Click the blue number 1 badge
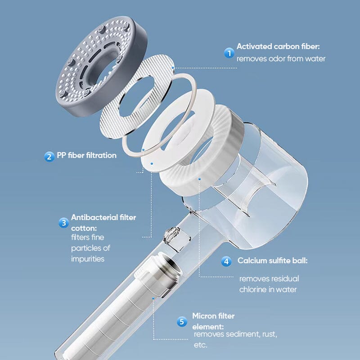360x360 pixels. pyautogui.click(x=229, y=53)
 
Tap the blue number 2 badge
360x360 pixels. pyautogui.click(x=49, y=156)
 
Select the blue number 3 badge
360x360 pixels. pyautogui.click(x=63, y=222)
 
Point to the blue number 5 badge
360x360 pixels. pyautogui.click(x=182, y=321)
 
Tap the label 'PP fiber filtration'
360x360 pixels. pyautogui.click(x=86, y=156)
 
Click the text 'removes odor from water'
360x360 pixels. pyautogui.click(x=281, y=58)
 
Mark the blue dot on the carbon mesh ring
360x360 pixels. pyautogui.click(x=174, y=68)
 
